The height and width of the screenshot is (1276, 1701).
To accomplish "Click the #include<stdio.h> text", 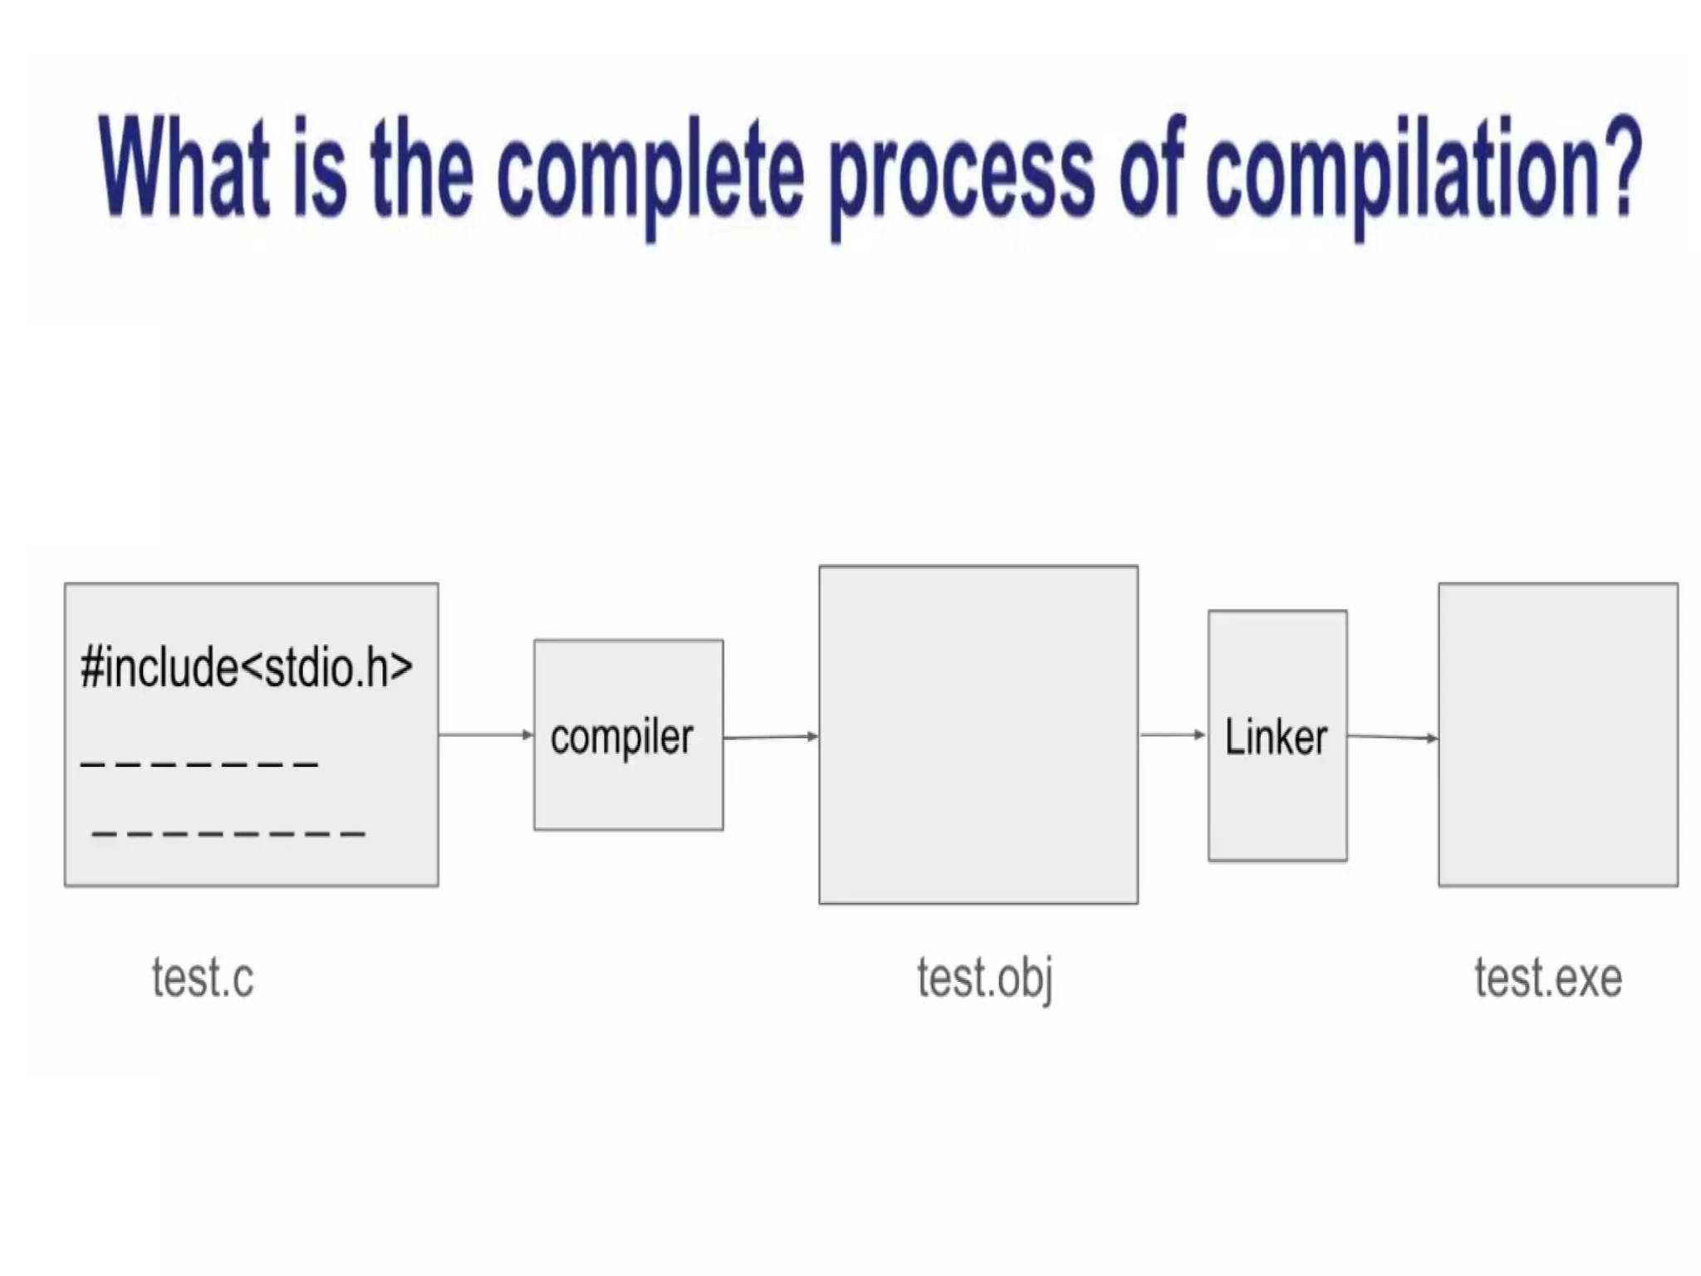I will [x=247, y=667].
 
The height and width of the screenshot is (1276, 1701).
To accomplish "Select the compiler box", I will [x=628, y=735].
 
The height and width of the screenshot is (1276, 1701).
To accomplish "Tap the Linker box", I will [x=1277, y=736].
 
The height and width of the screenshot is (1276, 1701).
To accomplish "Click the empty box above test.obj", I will [x=978, y=735].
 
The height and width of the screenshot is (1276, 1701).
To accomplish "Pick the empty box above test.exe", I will [x=1558, y=735].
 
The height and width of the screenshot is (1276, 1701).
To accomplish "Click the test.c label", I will [x=203, y=978].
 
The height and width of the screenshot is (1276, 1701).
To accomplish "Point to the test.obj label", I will [x=985, y=979].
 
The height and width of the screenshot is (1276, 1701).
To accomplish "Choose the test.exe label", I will [x=1548, y=978].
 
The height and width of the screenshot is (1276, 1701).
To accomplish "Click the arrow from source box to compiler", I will [x=486, y=734].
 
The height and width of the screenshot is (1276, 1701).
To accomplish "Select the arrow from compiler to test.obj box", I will [x=771, y=736].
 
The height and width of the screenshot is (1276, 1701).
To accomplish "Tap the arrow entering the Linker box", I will [x=1173, y=734].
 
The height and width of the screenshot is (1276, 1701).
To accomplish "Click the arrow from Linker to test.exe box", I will [x=1393, y=737].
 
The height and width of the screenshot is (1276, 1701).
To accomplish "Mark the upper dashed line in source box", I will [x=199, y=763].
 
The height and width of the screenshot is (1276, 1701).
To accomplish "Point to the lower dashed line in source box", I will [x=228, y=833].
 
